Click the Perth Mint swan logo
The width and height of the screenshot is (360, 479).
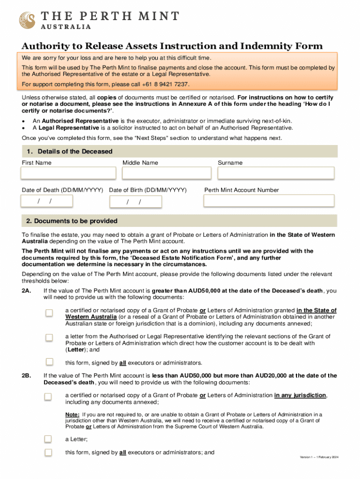point(27,20)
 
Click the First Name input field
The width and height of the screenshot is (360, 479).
point(68,173)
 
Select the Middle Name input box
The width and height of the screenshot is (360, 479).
point(167,173)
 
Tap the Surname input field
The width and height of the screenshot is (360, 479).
point(276,173)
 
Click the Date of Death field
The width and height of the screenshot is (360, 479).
point(47,201)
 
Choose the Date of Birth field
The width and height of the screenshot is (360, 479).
point(136,202)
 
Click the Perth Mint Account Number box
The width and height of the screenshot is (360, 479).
point(269,201)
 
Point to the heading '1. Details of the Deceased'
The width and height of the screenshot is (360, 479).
point(69,152)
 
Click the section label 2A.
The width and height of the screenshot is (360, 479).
point(27,291)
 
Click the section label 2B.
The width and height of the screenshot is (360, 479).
point(27,376)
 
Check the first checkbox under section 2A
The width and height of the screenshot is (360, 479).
point(49,313)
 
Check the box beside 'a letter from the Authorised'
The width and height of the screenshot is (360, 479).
point(49,337)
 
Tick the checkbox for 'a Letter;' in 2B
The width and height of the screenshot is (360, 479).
point(48,439)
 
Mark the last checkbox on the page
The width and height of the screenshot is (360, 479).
point(48,452)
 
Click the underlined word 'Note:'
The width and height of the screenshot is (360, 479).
point(72,414)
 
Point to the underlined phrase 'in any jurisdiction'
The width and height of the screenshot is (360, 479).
point(300,395)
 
